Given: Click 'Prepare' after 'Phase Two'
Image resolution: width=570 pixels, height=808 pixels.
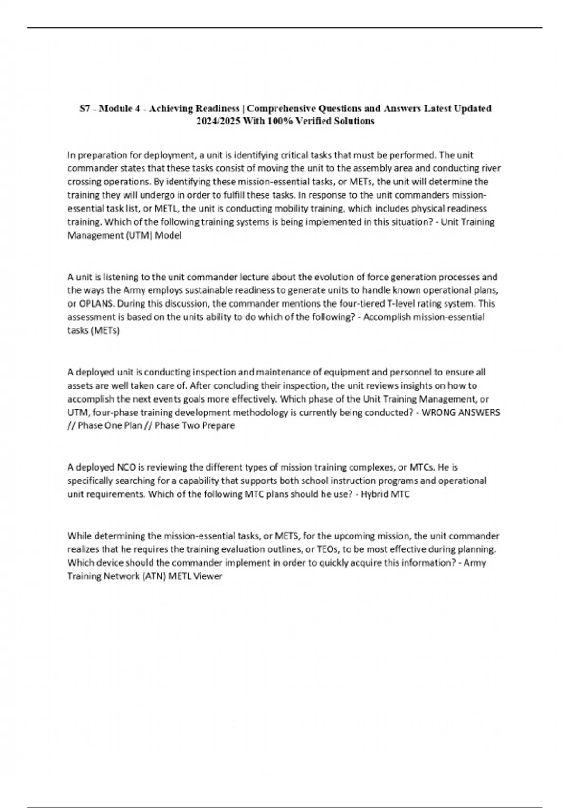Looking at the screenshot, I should (x=218, y=426).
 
